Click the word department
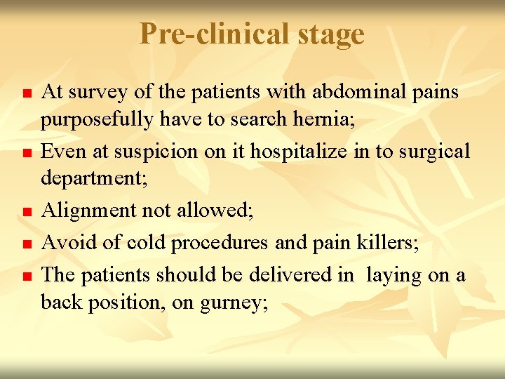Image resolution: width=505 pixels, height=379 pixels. click(93, 180)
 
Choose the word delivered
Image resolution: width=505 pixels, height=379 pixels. click(290, 274)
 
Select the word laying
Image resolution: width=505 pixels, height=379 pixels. click(391, 274)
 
